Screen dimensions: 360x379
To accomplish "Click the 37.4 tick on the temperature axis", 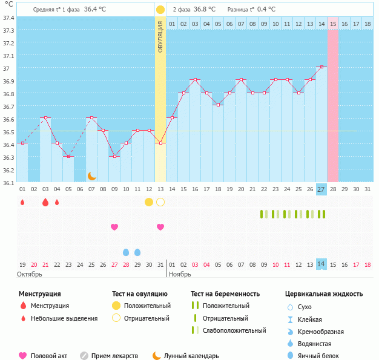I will coord(8,18).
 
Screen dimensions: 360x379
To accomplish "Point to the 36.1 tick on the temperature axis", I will coord(8,182).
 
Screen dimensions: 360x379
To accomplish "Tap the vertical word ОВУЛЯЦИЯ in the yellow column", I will coord(160,36).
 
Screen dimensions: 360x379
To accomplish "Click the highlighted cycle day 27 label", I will coord(321,189).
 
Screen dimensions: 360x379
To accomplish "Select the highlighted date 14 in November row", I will coord(321,264).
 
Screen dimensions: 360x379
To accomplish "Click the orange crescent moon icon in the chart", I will coord(91,175).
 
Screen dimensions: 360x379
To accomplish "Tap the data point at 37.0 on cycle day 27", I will coord(321,67).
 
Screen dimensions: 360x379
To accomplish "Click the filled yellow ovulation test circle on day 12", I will coord(149,201).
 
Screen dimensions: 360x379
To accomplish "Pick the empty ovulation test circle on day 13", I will coord(160,201).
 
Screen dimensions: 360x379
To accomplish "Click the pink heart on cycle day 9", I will coord(114,227).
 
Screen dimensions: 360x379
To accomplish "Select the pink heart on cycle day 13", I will coord(160,227).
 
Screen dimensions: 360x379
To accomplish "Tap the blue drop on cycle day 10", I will coord(126,252).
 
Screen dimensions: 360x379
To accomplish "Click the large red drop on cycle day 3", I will coord(45,202).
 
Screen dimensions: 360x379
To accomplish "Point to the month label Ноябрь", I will coord(180,274).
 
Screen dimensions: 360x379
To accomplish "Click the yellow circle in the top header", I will coord(160,10).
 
